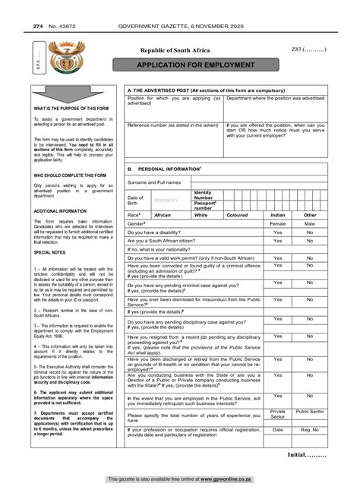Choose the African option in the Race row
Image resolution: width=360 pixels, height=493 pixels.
[x=163, y=215]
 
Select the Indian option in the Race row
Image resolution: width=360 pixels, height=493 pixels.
[x=277, y=215]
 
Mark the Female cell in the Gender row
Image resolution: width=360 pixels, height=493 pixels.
[x=278, y=225]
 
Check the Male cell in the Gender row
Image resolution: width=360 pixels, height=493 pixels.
[x=310, y=225]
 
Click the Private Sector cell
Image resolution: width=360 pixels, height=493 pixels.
[x=278, y=414]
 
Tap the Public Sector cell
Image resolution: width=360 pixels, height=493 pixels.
[x=310, y=411]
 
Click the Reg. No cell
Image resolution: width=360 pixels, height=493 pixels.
[x=310, y=429]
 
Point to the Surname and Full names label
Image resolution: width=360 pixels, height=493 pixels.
[x=154, y=182]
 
